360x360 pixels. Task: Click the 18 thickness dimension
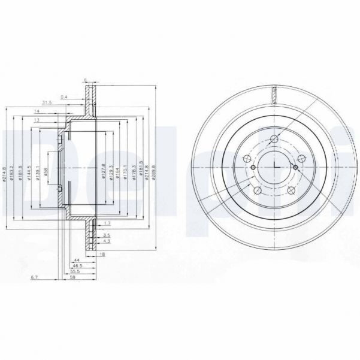pos(102,255)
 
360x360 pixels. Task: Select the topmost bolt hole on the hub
pos(274,140)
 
